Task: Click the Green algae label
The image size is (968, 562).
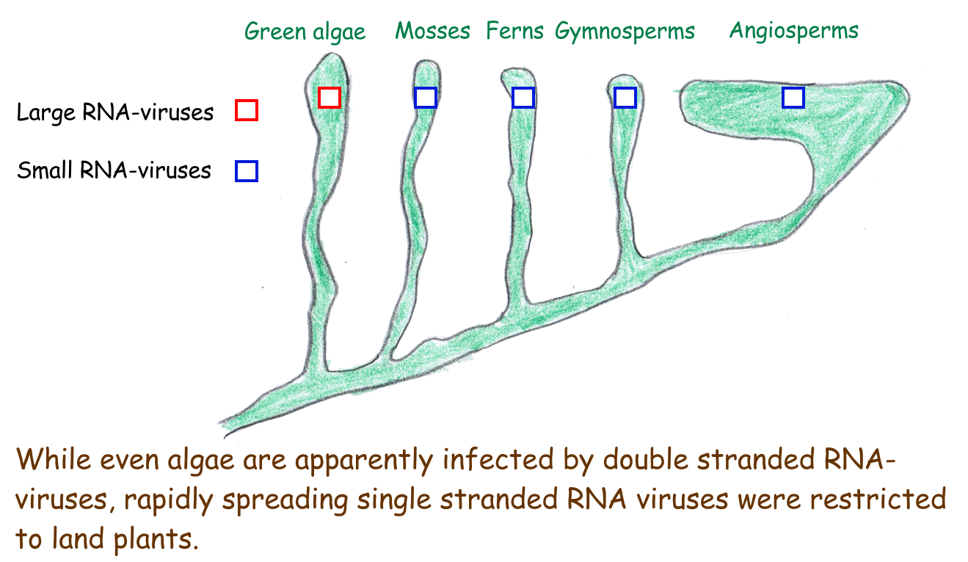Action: tap(305, 32)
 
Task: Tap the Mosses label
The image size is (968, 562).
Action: tap(432, 31)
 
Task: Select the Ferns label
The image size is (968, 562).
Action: tap(514, 30)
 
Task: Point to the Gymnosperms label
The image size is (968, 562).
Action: tap(625, 32)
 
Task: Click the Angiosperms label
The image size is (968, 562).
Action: tap(794, 31)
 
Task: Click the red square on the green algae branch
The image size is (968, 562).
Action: tap(330, 98)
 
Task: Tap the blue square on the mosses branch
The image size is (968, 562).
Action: tap(425, 98)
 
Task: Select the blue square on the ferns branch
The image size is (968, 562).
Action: tap(523, 98)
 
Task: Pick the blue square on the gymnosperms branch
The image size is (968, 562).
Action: tap(625, 98)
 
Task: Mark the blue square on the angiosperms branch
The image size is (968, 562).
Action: tap(793, 98)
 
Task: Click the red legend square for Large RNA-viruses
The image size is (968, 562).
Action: tap(247, 110)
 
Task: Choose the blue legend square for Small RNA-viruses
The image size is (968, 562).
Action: tap(247, 171)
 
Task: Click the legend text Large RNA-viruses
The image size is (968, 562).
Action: tap(115, 112)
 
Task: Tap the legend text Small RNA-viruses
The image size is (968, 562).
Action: tap(114, 170)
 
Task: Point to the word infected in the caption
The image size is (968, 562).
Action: tap(498, 458)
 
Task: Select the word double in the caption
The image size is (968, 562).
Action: tap(646, 458)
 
